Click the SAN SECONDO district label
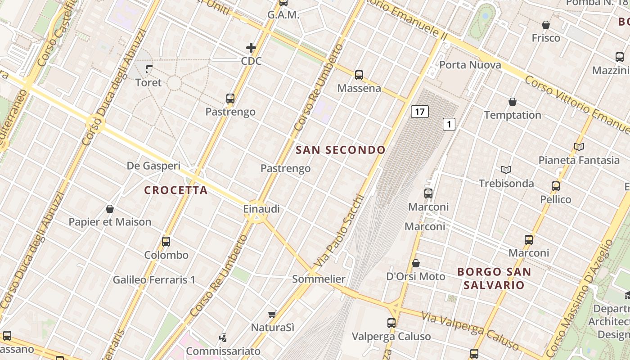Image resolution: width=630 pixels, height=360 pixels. (341, 150)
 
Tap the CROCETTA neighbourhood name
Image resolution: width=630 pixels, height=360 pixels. (176, 190)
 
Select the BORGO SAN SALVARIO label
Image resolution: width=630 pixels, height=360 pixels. (494, 278)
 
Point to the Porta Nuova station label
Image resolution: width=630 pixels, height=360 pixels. (470, 65)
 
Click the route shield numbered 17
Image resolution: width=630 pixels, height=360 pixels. (419, 112)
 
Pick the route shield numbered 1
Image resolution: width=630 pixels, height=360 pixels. (449, 124)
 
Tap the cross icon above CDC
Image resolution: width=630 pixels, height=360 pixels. (251, 47)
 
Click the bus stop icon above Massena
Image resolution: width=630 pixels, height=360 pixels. (359, 75)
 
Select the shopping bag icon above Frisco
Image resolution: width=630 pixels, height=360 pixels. (546, 25)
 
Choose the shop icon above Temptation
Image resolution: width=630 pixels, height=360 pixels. (512, 102)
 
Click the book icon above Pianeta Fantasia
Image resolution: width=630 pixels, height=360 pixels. (579, 147)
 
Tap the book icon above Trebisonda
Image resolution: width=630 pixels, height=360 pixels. (506, 170)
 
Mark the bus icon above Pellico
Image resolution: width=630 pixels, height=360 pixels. (556, 186)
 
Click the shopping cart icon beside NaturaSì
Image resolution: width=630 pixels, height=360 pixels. (272, 314)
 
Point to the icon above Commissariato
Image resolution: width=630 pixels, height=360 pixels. (223, 337)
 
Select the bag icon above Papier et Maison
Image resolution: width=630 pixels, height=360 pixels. (109, 209)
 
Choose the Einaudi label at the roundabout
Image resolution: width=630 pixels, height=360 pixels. (261, 209)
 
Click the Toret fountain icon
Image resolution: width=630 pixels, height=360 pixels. (149, 69)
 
